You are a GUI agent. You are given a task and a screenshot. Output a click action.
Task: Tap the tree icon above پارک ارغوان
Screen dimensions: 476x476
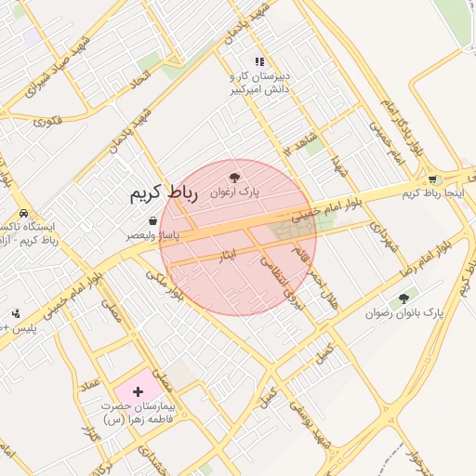[234, 177]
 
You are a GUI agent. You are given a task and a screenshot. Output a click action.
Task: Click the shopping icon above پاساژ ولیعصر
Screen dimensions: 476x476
[152, 221]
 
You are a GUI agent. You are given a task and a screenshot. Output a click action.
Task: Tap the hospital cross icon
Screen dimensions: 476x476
[139, 391]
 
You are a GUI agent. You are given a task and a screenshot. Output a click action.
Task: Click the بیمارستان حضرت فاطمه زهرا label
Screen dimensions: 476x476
[139, 413]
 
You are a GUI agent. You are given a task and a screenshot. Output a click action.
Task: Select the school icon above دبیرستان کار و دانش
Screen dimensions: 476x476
[259, 60]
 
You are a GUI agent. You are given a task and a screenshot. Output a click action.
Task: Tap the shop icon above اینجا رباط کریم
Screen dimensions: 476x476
[432, 178]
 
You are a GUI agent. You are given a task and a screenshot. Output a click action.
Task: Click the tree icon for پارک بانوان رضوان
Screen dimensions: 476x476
[403, 299]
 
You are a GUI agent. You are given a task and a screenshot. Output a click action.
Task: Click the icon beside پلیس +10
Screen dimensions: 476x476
[16, 313]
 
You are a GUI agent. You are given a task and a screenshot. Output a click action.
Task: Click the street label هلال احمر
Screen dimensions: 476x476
[315, 270]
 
